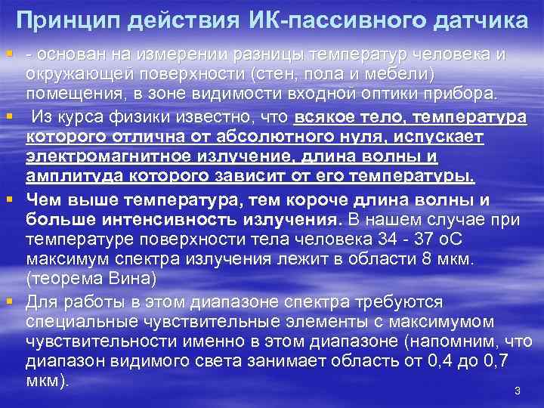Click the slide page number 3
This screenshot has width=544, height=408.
(x=518, y=391)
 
